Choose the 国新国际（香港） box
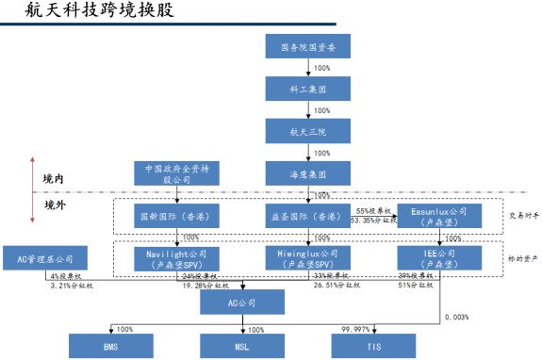[174, 216]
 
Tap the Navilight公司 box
[176, 258]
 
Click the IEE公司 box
[439, 258]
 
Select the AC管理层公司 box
[45, 258]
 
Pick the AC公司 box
[242, 302]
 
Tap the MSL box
[242, 346]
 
